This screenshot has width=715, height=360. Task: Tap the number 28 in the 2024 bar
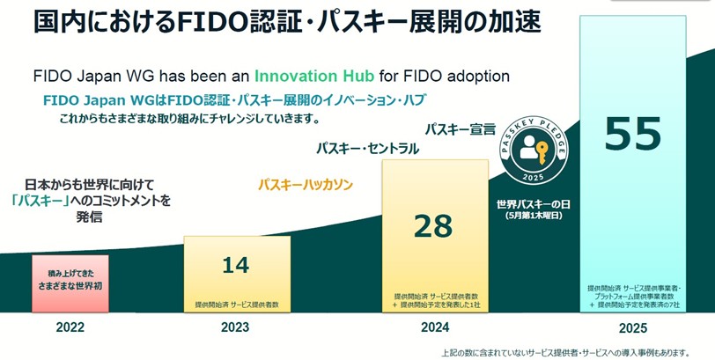click(x=432, y=226)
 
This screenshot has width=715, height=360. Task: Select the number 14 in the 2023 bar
click(x=235, y=264)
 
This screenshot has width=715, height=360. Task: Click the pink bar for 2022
click(x=69, y=283)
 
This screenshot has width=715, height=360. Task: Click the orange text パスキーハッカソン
click(x=305, y=185)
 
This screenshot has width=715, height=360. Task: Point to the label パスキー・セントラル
click(x=367, y=148)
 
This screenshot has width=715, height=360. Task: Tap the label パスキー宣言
click(x=461, y=129)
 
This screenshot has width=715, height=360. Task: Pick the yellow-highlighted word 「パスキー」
click(x=41, y=200)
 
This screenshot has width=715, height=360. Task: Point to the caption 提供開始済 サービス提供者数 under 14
click(x=235, y=305)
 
